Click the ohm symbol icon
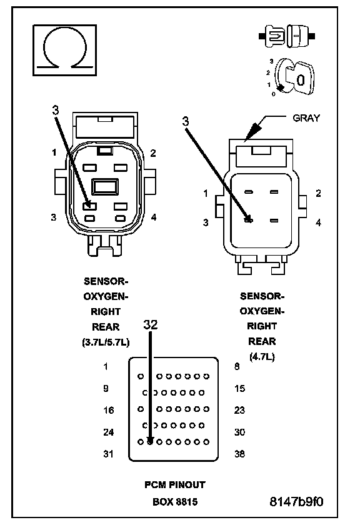64,50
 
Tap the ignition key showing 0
295,77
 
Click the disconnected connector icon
287,36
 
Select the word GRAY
306,118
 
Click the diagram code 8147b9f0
296,501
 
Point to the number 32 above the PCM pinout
151,324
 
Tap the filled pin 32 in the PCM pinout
150,442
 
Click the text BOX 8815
175,502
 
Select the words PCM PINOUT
175,484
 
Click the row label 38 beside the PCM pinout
239,454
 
